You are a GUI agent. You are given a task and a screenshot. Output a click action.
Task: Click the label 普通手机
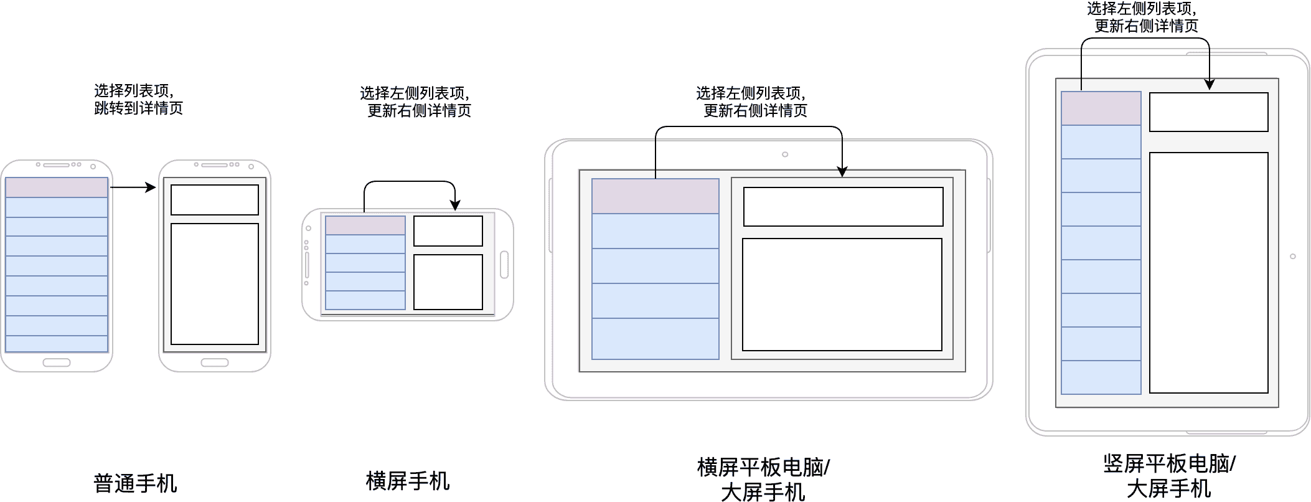(x=135, y=483)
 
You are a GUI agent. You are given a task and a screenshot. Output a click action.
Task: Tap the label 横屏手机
(x=408, y=481)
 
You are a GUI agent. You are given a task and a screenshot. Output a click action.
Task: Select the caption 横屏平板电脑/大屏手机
(x=763, y=479)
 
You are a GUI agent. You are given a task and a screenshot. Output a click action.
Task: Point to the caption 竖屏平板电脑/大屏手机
(x=1169, y=476)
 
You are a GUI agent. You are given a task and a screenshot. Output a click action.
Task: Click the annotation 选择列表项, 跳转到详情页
(x=138, y=100)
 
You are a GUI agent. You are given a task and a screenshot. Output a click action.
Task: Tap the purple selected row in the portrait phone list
(x=57, y=187)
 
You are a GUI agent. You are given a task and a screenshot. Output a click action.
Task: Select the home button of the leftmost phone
(x=57, y=362)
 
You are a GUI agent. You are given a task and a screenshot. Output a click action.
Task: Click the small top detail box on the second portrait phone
(x=215, y=200)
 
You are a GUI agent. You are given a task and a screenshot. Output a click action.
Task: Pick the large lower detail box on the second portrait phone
(x=215, y=284)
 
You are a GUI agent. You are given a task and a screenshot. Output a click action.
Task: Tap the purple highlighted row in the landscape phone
(x=365, y=225)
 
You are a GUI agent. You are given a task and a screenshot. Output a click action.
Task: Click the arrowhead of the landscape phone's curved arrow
(x=455, y=206)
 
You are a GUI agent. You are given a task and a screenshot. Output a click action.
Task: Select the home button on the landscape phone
(x=504, y=265)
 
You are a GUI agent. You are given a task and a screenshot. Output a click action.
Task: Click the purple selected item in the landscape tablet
(x=655, y=196)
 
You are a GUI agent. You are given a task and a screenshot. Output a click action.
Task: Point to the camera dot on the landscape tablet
(x=785, y=154)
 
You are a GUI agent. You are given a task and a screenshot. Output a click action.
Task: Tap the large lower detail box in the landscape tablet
(x=842, y=295)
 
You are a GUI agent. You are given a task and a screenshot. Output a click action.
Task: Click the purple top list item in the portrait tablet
(x=1101, y=108)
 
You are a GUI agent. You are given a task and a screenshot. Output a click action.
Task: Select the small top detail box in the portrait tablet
(x=1208, y=112)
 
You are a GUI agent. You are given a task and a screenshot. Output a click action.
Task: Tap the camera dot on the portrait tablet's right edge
(x=1293, y=257)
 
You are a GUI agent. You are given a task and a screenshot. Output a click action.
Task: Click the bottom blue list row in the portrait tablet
(x=1101, y=377)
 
